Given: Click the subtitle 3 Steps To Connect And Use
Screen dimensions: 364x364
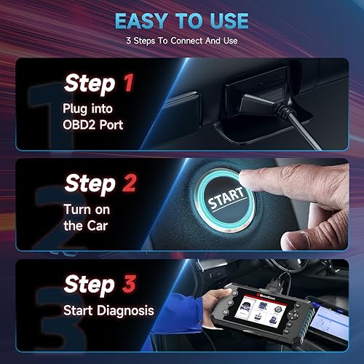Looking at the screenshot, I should click(x=181, y=41).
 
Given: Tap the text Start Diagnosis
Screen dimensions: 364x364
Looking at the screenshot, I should click(x=108, y=310).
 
